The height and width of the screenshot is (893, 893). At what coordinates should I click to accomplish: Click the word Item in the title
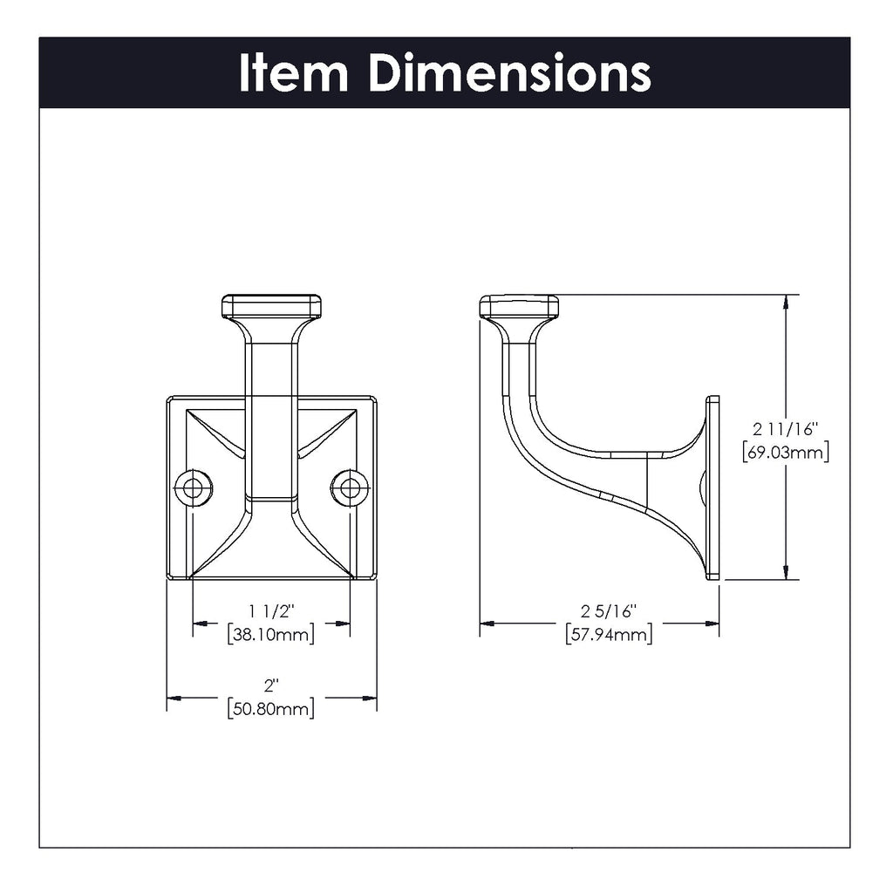(293, 73)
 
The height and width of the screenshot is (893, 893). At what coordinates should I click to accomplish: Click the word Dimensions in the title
(509, 73)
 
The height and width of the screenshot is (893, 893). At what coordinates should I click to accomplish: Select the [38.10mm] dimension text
(271, 634)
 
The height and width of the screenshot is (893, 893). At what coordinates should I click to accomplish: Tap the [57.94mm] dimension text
(609, 634)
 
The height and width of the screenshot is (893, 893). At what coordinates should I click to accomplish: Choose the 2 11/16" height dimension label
(784, 429)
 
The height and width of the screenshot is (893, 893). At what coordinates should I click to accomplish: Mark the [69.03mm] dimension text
(784, 452)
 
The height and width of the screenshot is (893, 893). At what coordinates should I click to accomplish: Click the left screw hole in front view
(193, 487)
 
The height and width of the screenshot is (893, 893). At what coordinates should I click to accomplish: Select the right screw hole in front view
(350, 487)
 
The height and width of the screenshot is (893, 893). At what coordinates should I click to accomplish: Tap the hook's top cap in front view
(271, 306)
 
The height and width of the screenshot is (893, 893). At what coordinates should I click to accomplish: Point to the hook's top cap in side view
(519, 306)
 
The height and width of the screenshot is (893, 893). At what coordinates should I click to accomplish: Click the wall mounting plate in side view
(713, 487)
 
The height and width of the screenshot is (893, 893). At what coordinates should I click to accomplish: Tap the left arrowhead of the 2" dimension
(174, 698)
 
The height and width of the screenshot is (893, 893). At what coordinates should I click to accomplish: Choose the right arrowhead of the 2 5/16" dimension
(712, 624)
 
